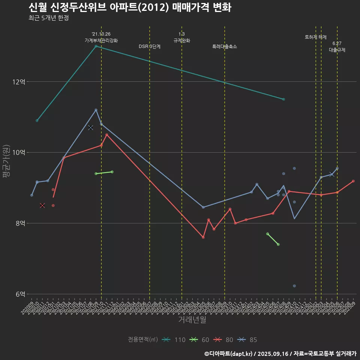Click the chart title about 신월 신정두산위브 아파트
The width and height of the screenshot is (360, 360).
pos(130,7)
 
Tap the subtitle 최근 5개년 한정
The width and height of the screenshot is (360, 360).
pos(48,18)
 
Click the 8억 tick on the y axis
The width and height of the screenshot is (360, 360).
pos(20,223)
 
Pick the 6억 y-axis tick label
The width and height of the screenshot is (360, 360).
pos(20,294)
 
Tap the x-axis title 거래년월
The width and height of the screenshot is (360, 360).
pos(192,320)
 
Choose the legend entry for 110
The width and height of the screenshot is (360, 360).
pos(174,340)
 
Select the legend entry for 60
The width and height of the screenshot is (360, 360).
pos(199,340)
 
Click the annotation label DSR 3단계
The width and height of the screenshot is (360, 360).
pos(150,46)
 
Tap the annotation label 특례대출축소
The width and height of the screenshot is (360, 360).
pos(225,46)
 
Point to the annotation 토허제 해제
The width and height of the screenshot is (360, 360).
pos(316,37)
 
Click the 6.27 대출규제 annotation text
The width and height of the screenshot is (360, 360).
pos(337,46)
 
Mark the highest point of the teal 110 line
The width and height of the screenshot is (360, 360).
pos(96,46)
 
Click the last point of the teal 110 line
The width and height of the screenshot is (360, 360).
pos(283,99)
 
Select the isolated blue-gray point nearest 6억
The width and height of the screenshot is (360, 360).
pos(294,286)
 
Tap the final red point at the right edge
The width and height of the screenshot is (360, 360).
pos(353,181)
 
